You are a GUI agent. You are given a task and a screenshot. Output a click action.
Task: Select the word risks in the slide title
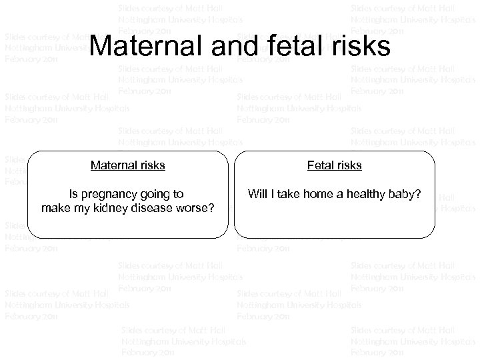point(361,46)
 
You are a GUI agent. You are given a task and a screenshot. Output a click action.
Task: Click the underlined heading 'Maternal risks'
point(128,165)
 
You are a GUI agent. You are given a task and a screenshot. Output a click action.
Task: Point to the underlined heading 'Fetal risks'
point(334,165)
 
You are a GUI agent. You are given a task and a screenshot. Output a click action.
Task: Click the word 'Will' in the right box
point(257,195)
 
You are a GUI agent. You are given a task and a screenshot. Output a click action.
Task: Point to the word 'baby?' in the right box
point(407,195)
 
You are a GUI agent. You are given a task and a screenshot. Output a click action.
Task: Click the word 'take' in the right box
point(291,195)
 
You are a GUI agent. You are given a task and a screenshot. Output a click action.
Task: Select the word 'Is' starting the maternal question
point(74,195)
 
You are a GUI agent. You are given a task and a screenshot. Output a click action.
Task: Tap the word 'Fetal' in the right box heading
point(321,165)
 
